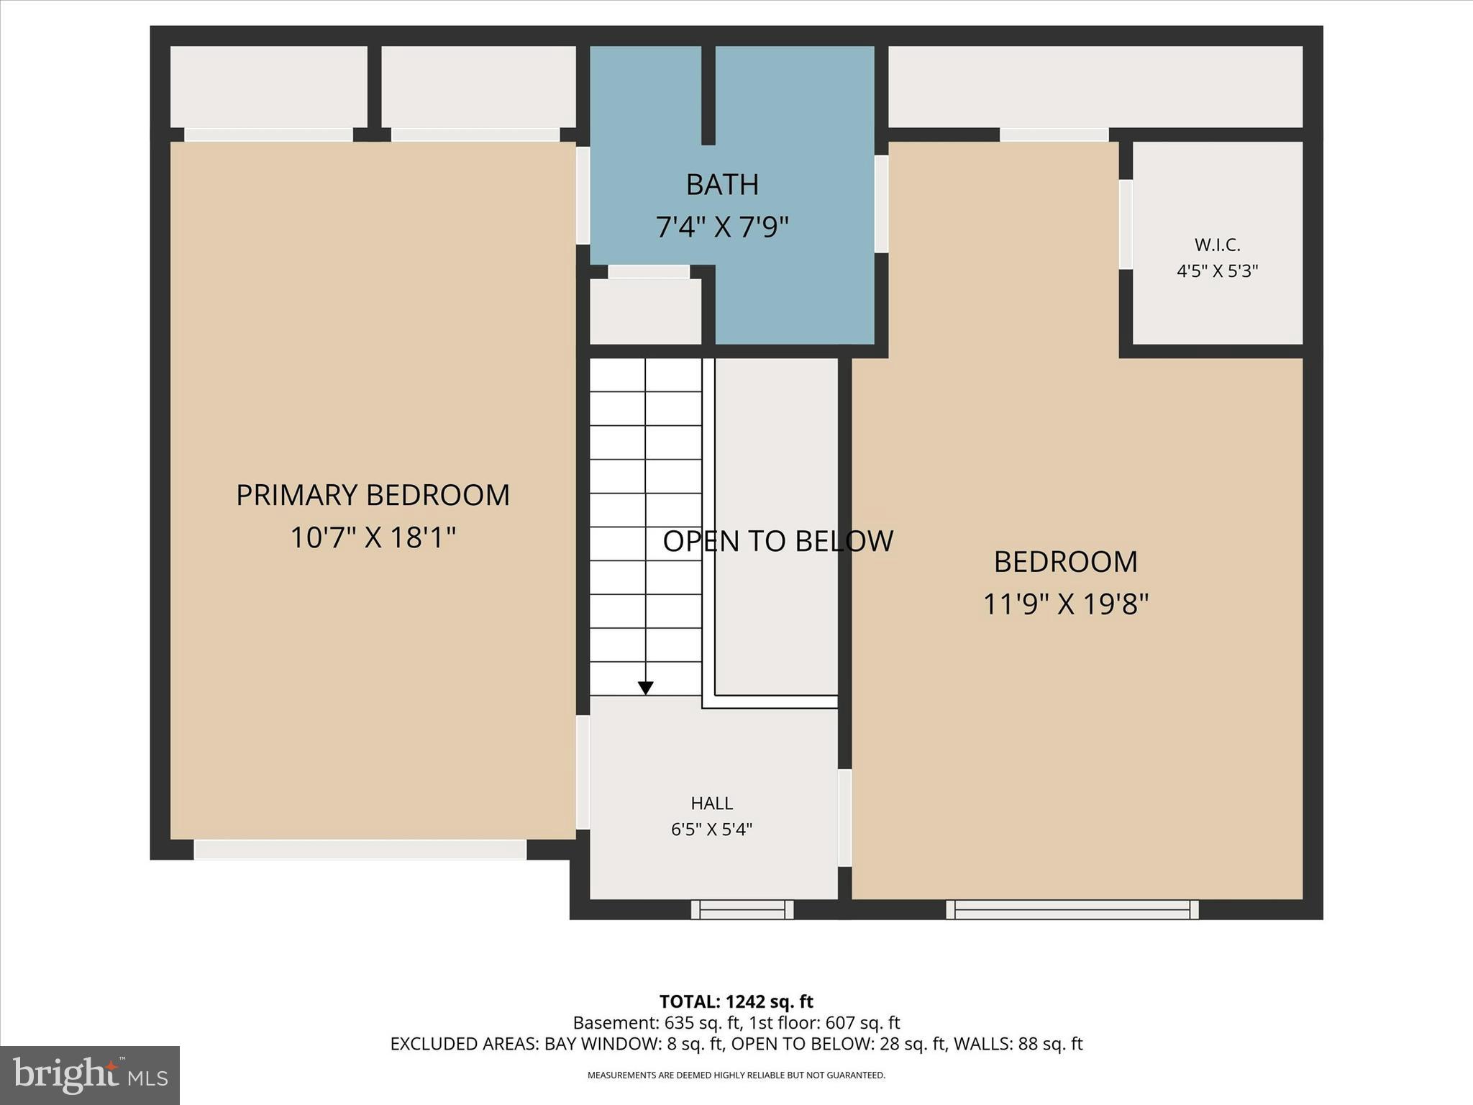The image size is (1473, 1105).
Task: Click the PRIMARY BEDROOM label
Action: tap(373, 495)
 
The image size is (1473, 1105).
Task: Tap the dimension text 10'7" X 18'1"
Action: tap(373, 537)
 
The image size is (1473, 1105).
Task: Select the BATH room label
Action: tap(722, 185)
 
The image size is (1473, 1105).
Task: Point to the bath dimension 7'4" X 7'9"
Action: tap(722, 227)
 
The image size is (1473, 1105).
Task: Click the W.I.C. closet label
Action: tap(1217, 245)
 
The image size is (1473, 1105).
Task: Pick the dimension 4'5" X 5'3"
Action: tap(1217, 271)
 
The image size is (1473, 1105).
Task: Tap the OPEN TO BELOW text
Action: tap(777, 541)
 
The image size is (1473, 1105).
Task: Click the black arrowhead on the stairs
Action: tap(646, 688)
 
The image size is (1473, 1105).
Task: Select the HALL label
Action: tap(712, 803)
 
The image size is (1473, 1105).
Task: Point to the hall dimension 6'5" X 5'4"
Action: tap(712, 829)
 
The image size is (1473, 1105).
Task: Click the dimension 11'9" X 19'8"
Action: tap(1065, 604)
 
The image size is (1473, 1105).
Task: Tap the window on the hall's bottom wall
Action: tap(742, 910)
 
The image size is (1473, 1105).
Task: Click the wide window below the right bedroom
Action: tap(1072, 910)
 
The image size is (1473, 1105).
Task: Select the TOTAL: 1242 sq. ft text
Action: tap(736, 1001)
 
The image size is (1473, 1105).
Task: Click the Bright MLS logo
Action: tap(90, 1075)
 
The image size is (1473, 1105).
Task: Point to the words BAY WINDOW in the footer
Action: tap(603, 1044)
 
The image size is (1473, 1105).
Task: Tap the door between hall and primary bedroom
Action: tap(583, 772)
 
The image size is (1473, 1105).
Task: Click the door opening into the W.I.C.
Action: tap(1126, 224)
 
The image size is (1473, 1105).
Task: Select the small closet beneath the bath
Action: tap(645, 312)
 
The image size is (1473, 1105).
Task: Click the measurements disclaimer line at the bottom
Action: tap(736, 1075)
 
